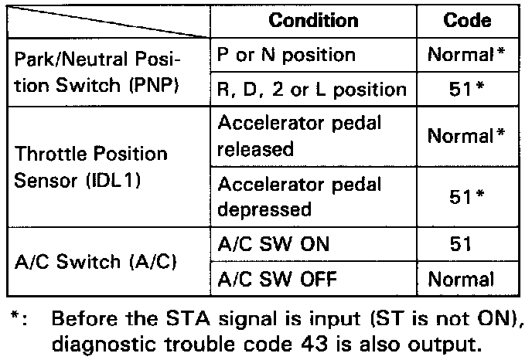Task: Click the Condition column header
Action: point(313,21)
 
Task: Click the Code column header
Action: point(467,21)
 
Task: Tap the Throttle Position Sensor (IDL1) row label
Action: point(91,166)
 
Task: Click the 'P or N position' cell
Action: point(286,56)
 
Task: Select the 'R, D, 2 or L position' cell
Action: point(312,90)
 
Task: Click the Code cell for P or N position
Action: point(466,56)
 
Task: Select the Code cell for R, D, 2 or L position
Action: point(466,90)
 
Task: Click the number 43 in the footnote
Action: point(323,341)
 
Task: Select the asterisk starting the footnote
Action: point(14,316)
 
